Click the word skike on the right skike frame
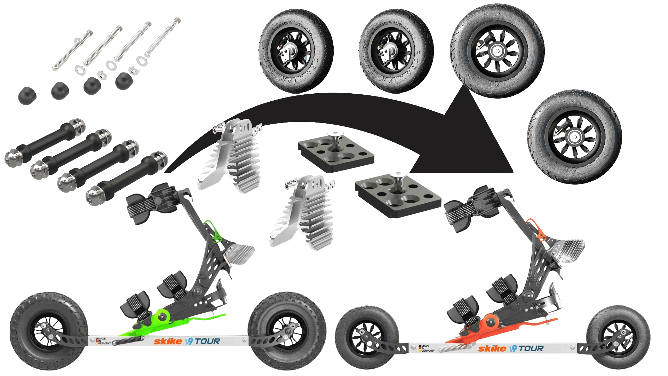pos(492,349)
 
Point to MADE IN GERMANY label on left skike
pos(103,341)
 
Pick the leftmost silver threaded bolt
pos(72,50)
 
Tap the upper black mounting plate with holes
pos(336,151)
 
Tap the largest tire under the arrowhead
pos(498,51)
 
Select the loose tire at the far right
pos(574,137)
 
